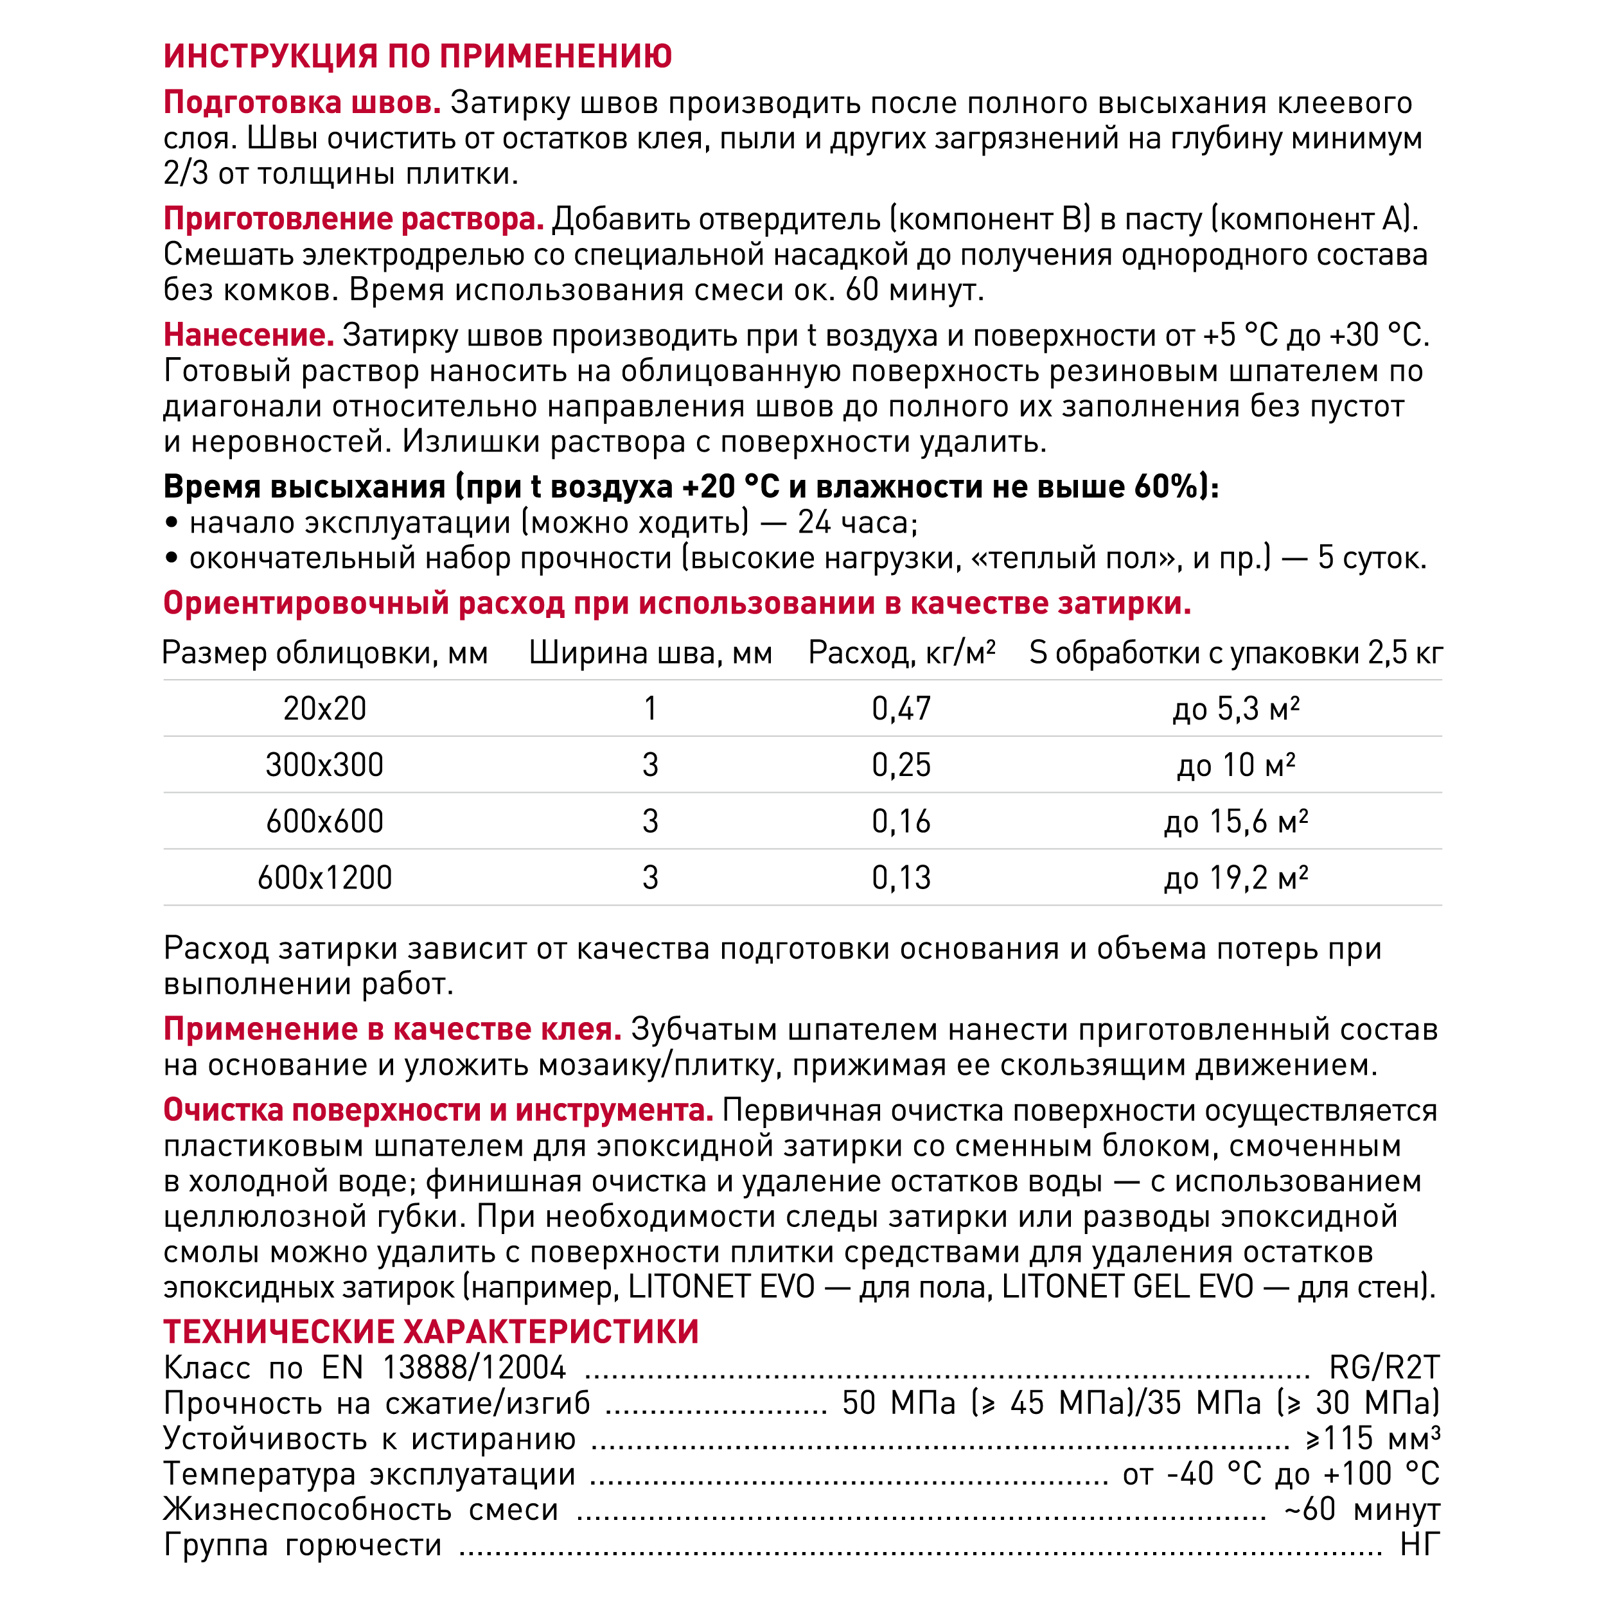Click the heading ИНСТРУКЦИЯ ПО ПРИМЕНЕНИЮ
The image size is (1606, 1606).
pyautogui.click(x=418, y=57)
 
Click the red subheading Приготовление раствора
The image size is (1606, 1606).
pyautogui.click(x=353, y=220)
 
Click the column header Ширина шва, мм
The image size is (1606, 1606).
pyautogui.click(x=650, y=653)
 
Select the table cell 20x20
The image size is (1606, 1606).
pyautogui.click(x=324, y=709)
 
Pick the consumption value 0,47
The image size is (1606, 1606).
pyautogui.click(x=901, y=709)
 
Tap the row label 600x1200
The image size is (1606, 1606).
pyautogui.click(x=324, y=878)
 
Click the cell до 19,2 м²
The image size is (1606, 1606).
pyautogui.click(x=1235, y=878)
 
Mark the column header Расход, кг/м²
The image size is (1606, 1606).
pyautogui.click(x=901, y=653)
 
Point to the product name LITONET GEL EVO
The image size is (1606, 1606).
pyautogui.click(x=1126, y=1287)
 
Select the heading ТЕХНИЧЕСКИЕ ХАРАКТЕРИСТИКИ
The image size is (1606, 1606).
pyautogui.click(x=430, y=1332)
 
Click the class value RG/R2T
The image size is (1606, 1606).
pyautogui.click(x=1384, y=1368)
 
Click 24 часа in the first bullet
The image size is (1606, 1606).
pyautogui.click(x=857, y=523)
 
